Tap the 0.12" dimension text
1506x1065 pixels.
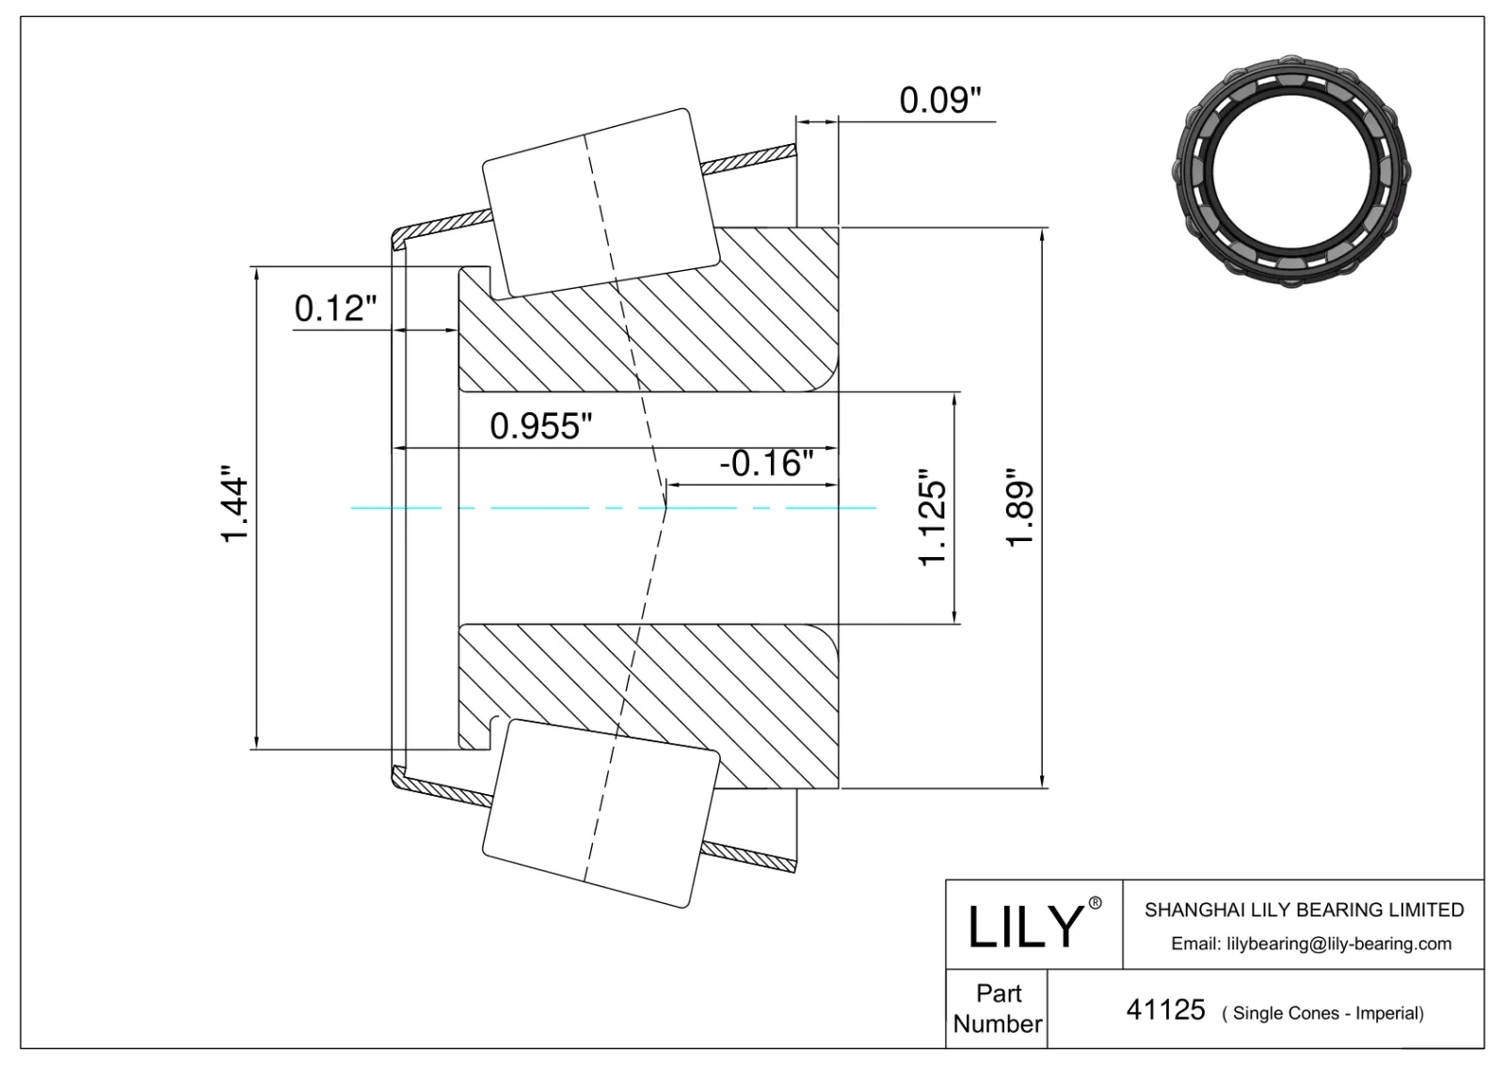(336, 308)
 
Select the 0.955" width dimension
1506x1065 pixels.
(540, 426)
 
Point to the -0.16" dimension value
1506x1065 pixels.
(765, 463)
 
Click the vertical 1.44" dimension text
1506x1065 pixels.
(234, 509)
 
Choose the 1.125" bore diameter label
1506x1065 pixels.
(932, 517)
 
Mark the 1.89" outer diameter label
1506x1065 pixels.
(1021, 509)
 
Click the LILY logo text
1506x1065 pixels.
(1025, 926)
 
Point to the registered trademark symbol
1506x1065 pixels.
(1095, 903)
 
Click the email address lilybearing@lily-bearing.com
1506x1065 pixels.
(1310, 944)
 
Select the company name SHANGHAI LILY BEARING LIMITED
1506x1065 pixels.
(1304, 910)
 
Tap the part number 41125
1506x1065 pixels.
(1165, 1010)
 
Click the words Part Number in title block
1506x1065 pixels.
(998, 1009)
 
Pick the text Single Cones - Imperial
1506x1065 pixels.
(1322, 1013)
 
